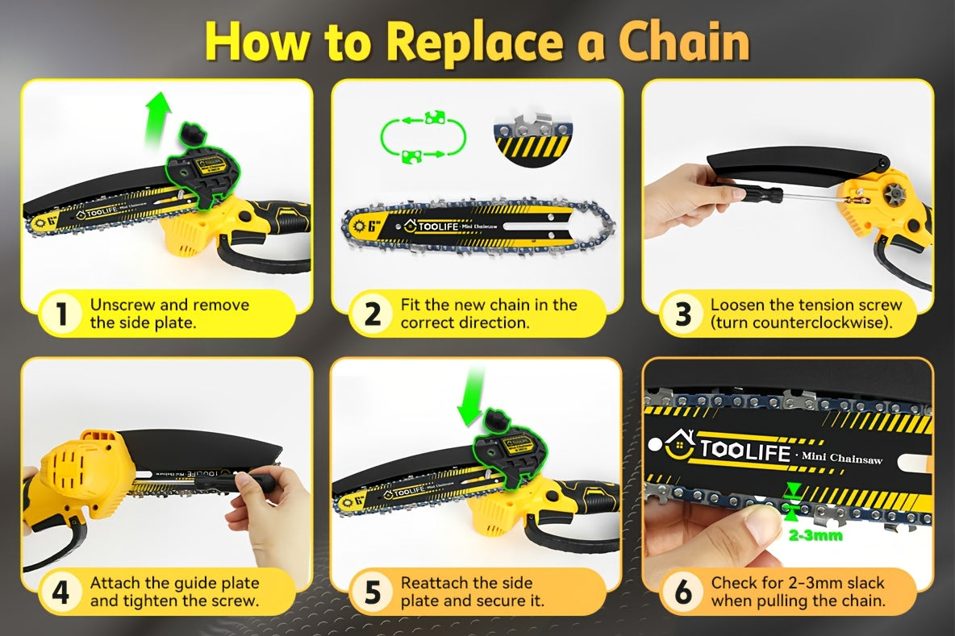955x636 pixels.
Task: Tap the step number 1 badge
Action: tap(61, 314)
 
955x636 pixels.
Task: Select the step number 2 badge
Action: tap(372, 314)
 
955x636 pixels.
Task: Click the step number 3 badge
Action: tap(682, 314)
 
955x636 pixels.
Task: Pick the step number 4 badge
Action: tap(61, 592)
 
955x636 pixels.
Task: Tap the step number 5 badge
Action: tap(372, 592)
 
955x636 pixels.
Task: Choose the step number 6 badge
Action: tap(682, 592)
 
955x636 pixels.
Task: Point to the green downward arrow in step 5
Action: tap(470, 400)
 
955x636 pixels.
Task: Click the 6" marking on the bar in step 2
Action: tap(373, 227)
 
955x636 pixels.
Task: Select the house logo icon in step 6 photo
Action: tap(681, 445)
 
